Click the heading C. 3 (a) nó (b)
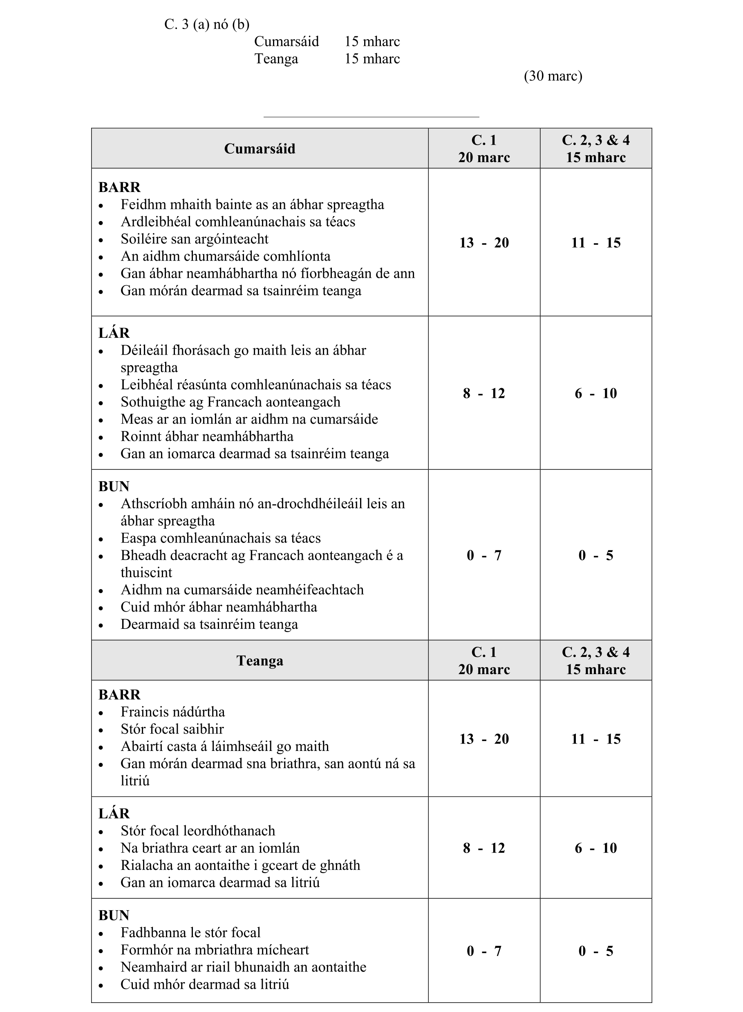point(206,24)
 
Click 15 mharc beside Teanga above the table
point(372,59)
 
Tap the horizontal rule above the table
point(371,117)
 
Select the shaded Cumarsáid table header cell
point(260,149)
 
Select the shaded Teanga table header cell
point(260,661)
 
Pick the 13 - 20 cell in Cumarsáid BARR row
point(484,243)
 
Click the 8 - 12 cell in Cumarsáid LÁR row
point(484,393)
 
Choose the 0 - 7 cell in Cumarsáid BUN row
point(484,555)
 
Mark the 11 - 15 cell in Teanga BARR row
point(595,739)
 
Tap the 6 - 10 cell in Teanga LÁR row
point(595,848)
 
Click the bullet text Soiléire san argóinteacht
point(194,239)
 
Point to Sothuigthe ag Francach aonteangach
point(230,402)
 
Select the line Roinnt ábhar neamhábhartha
point(207,436)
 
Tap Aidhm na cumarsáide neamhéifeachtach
point(242,590)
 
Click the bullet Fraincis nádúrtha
point(173,712)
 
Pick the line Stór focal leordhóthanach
point(198,831)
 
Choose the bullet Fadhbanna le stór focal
point(191,933)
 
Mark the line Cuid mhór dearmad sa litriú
point(205,985)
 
